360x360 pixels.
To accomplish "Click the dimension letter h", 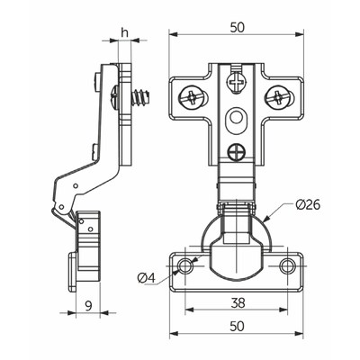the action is [x=125, y=32].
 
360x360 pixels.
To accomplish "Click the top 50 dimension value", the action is [x=238, y=28].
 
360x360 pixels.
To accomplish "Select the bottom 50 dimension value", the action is [x=238, y=327].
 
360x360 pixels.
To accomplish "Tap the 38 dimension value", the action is [x=238, y=303].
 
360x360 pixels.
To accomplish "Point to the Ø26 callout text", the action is [x=308, y=205].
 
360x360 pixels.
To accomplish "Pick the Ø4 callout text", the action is [x=147, y=278].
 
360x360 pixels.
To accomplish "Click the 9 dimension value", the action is [x=88, y=306].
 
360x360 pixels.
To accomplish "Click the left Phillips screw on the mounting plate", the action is [x=192, y=98].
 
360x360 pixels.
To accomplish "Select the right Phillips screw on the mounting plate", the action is [x=277, y=97].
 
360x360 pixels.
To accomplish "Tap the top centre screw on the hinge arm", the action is [x=237, y=80].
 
